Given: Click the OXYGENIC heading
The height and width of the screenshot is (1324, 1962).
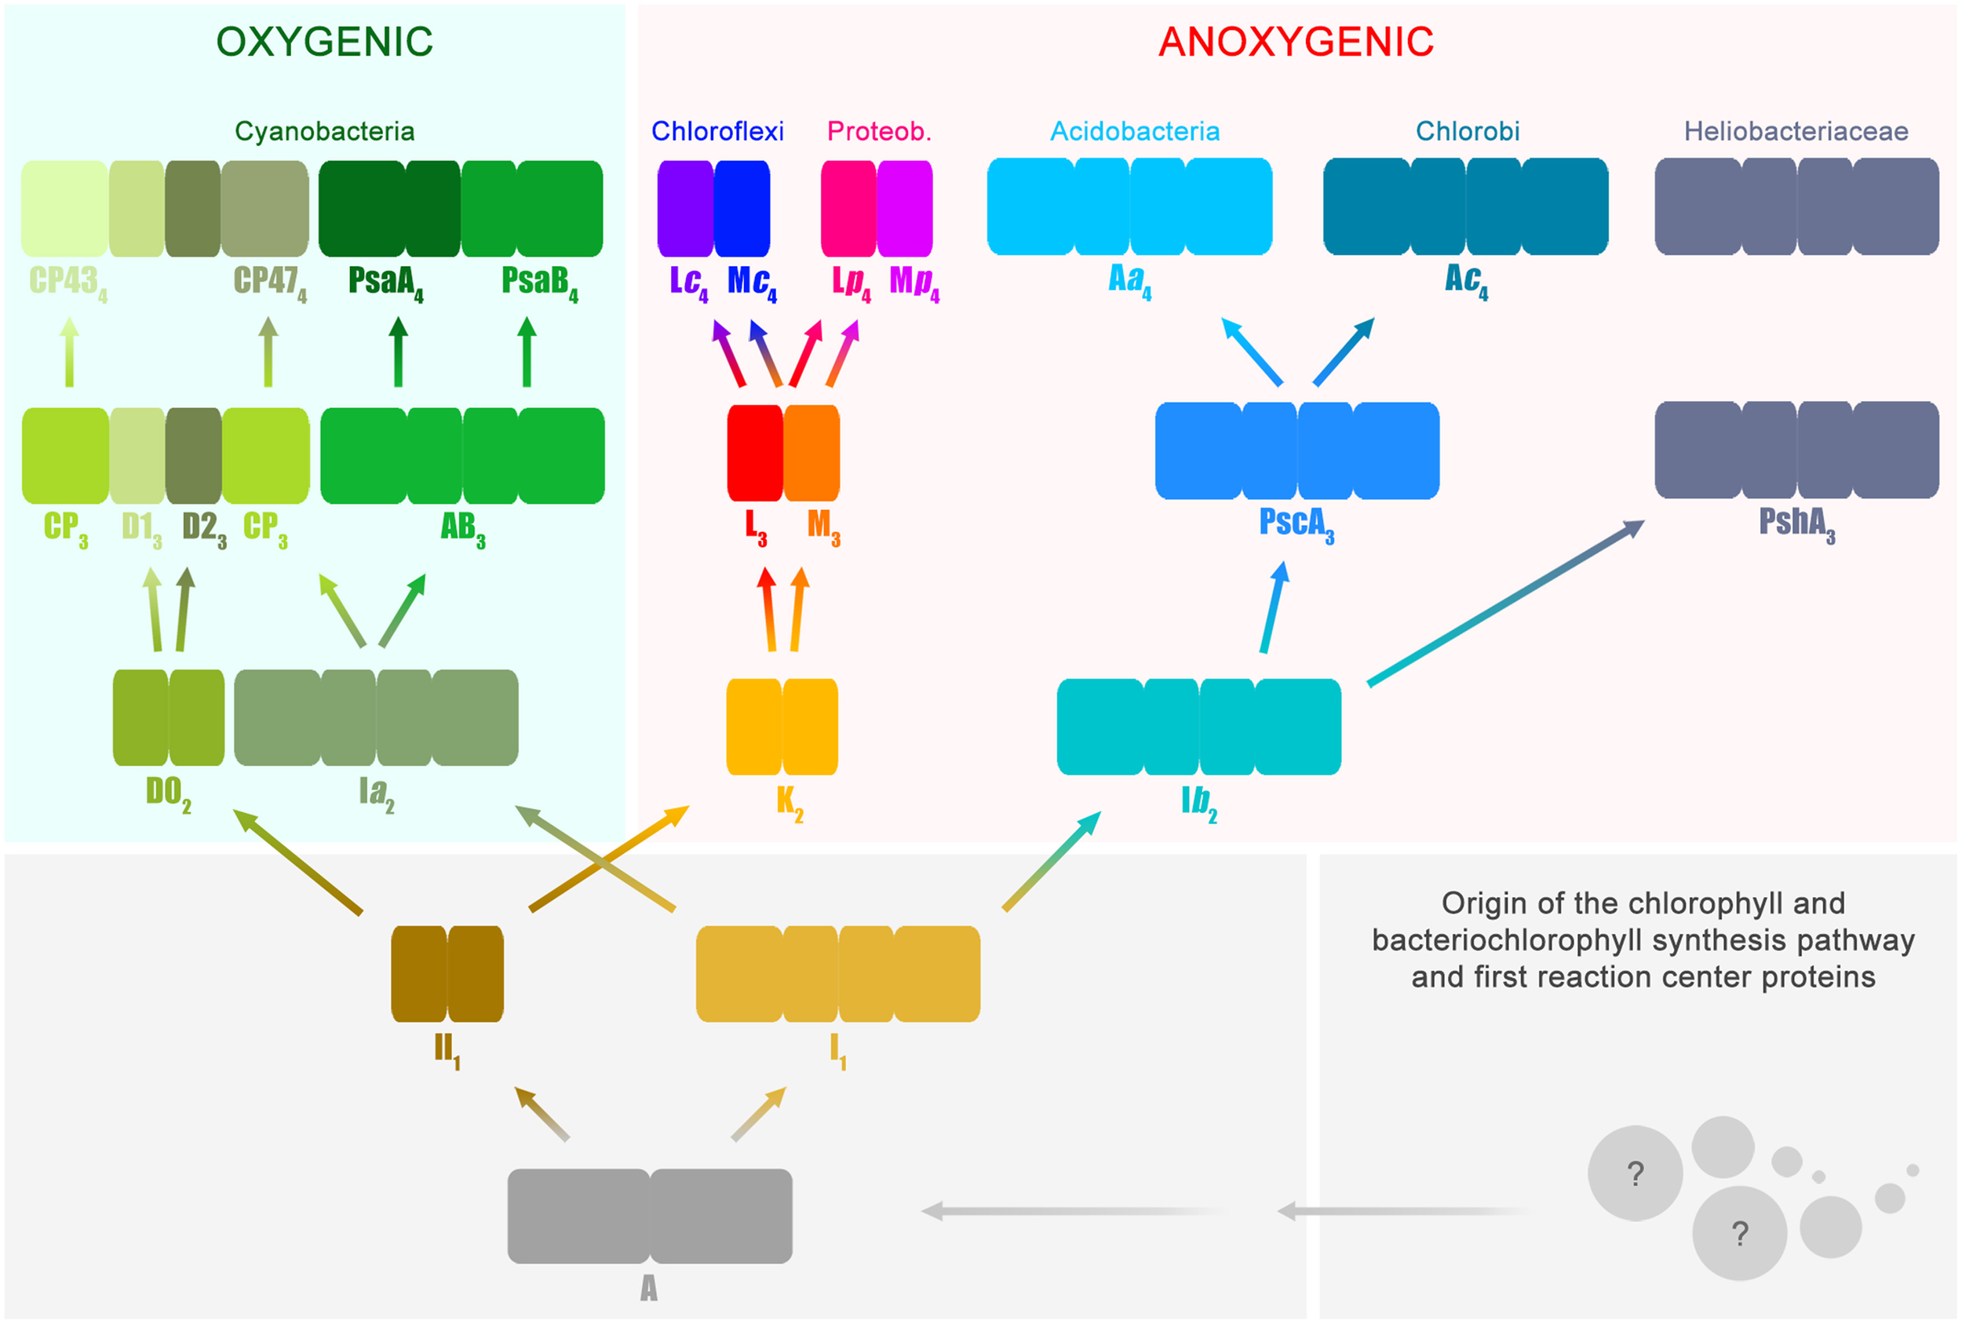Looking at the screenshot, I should pos(324,42).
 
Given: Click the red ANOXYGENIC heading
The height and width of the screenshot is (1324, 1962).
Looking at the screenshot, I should pos(1295,42).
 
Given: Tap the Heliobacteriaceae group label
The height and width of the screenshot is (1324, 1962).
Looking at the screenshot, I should pos(1796,131).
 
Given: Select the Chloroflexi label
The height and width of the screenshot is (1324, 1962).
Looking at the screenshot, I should pos(717,131).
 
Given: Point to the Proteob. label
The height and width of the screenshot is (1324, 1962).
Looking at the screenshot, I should pos(879,131).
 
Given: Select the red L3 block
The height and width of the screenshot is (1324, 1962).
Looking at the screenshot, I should pos(755,454).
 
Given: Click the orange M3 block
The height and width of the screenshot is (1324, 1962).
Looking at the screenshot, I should pos(811,454).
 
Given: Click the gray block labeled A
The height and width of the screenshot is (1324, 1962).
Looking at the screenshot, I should pos(649,1216).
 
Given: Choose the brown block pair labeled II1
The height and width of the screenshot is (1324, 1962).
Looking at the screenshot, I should pos(447,974).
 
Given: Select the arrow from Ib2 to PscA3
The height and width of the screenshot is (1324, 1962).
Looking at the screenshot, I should pos(1273,608).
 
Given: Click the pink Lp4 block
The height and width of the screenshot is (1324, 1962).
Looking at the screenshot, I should pos(848,209).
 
